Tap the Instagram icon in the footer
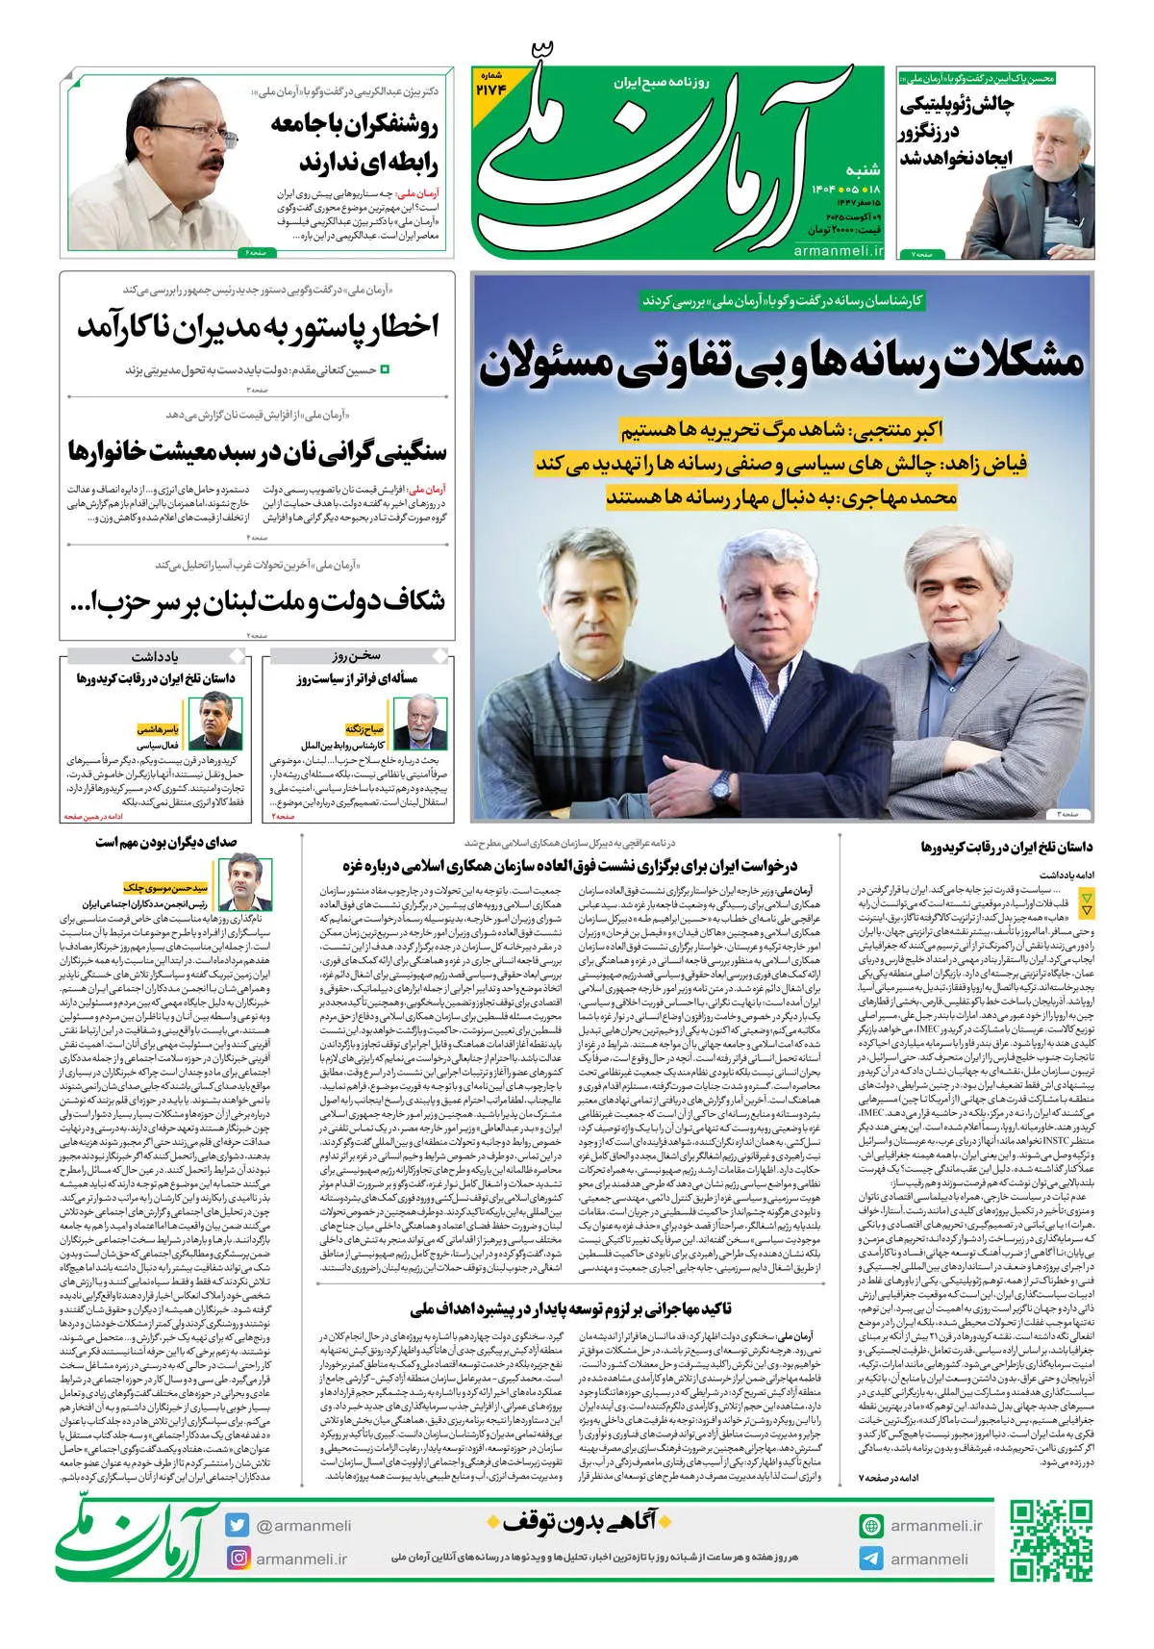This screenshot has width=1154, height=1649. coord(238,1558)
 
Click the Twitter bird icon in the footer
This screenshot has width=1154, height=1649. coord(238,1525)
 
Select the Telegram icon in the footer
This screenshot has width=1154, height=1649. coord(871,1559)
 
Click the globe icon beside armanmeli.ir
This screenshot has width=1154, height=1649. coord(871,1526)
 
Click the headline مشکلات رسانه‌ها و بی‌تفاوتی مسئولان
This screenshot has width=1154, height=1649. coord(781,363)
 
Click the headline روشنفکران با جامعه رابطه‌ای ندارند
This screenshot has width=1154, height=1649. coord(354,142)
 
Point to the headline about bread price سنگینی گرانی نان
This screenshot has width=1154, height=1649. coord(258,451)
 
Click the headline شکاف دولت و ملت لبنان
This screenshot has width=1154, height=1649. coord(258,602)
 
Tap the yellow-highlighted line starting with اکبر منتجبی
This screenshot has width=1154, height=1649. coord(781,429)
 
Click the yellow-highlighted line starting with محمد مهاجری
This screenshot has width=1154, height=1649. coord(781,497)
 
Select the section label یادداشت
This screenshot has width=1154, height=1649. coord(155,657)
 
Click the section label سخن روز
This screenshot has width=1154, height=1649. coord(357,657)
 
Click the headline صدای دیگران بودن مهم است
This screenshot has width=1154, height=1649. coord(165,843)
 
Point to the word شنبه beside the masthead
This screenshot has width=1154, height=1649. coord(861,169)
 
